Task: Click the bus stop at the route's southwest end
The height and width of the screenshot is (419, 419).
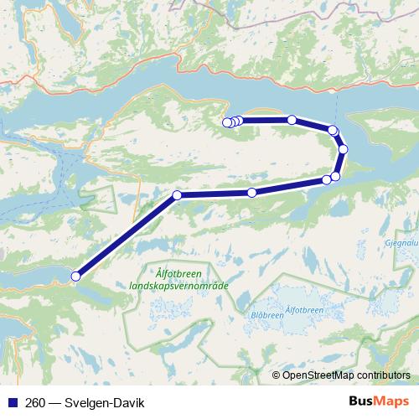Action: pyautogui.click(x=75, y=276)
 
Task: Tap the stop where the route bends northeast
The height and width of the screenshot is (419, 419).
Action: pyautogui.click(x=177, y=195)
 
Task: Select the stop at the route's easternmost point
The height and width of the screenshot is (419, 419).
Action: pyautogui.click(x=343, y=149)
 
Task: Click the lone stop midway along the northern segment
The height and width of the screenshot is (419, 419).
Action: pyautogui.click(x=292, y=120)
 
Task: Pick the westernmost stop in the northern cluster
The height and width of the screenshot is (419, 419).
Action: pyautogui.click(x=225, y=123)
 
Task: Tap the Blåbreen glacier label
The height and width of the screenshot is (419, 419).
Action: pyautogui.click(x=266, y=315)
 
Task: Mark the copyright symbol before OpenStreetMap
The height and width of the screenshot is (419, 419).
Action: pyautogui.click(x=277, y=375)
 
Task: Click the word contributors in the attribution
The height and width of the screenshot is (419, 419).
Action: pyautogui.click(x=383, y=375)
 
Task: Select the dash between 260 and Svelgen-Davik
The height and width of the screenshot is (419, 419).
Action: pyautogui.click(x=52, y=401)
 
